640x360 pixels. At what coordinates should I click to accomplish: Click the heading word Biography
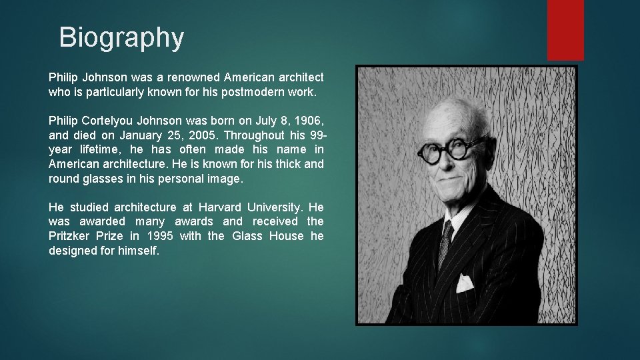pyautogui.click(x=121, y=37)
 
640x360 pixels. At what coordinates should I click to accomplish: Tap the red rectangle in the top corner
pyautogui.click(x=565, y=29)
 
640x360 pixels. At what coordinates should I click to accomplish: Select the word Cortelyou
pyautogui.click(x=108, y=121)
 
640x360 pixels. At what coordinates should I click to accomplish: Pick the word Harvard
pyautogui.click(x=221, y=207)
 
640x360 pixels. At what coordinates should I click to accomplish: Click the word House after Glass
pyautogui.click(x=287, y=237)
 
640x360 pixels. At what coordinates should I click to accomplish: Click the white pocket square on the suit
pyautogui.click(x=465, y=283)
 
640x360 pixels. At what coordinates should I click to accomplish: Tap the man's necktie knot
pyautogui.click(x=447, y=231)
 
